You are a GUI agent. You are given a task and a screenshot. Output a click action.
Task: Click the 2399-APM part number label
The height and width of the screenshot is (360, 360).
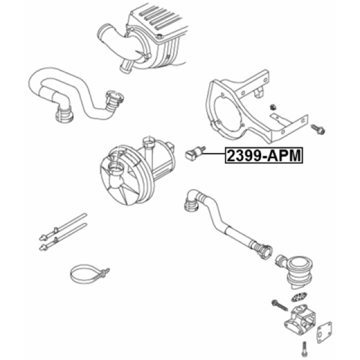(x=264, y=155)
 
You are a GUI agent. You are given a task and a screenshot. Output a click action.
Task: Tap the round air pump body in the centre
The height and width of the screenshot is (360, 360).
(x=135, y=171)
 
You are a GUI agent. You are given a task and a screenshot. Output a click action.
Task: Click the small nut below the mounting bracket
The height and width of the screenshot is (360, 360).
(x=273, y=107)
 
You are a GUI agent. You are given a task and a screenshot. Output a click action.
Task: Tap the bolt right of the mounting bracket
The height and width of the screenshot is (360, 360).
(x=318, y=129)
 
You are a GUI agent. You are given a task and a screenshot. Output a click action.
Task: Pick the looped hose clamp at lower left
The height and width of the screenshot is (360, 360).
(x=88, y=274)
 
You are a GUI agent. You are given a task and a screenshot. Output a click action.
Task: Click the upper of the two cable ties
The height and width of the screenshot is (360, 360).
(x=63, y=227)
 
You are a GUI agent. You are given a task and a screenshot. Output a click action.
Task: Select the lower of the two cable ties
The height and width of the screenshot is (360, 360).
(x=63, y=237)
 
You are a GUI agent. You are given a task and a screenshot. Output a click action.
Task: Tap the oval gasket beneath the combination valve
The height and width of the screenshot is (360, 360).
(x=299, y=297)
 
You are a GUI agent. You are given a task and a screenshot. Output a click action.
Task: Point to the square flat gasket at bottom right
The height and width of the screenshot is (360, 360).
(x=324, y=332)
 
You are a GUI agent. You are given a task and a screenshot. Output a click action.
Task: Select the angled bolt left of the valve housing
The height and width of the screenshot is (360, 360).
(x=280, y=306)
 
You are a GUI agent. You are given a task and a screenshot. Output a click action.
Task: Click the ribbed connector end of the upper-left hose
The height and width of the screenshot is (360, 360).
(x=114, y=101)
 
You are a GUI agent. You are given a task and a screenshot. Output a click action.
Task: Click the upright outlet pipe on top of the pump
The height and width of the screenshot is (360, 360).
(x=149, y=149)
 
